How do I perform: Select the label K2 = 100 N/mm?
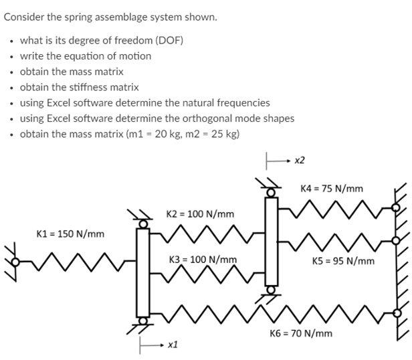[x=200, y=214]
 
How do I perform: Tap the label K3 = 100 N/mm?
[x=203, y=259]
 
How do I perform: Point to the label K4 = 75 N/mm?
[x=332, y=189]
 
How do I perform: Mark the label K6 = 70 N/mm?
[x=300, y=333]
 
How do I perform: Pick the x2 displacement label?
[x=299, y=161]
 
